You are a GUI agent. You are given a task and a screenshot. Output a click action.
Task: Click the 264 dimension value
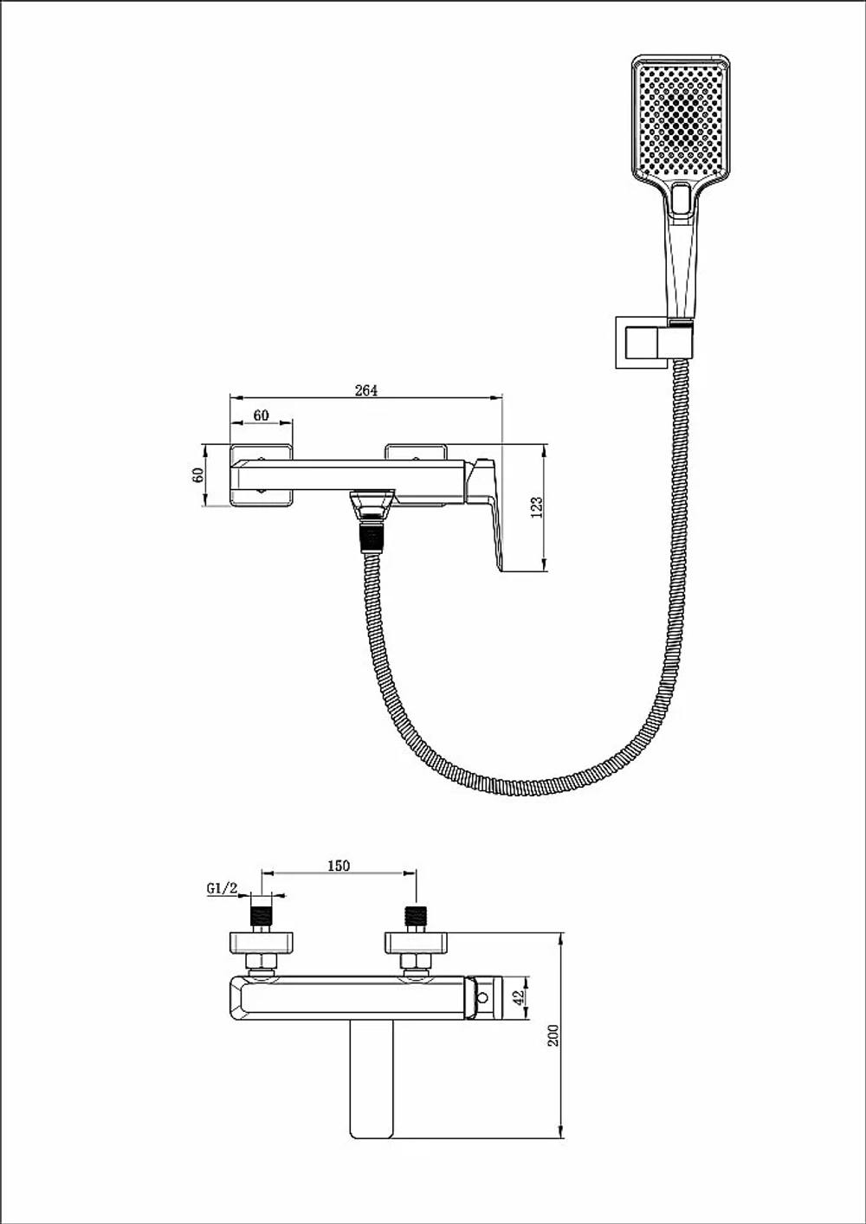[x=366, y=390]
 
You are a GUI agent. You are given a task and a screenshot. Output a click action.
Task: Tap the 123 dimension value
[x=537, y=506]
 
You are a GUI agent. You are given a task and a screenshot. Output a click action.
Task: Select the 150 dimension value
[x=339, y=866]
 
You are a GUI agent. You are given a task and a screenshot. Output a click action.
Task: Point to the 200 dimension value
[x=554, y=1035]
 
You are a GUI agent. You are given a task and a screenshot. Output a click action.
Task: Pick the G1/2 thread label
[x=222, y=888]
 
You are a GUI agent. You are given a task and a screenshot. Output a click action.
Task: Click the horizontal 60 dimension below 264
[x=261, y=416]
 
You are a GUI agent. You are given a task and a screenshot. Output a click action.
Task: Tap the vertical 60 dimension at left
[x=198, y=475]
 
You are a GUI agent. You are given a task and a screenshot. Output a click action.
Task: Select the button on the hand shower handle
[x=682, y=199]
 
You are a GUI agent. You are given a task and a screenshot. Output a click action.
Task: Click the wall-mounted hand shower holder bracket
[x=643, y=342]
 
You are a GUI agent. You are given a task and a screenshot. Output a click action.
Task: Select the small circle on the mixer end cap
[x=482, y=997]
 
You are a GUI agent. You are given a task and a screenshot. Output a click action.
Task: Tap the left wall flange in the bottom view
[x=261, y=944]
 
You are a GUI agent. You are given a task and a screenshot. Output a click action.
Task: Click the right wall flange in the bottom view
[x=416, y=944]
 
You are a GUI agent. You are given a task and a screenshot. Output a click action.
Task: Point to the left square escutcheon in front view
[x=262, y=475]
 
